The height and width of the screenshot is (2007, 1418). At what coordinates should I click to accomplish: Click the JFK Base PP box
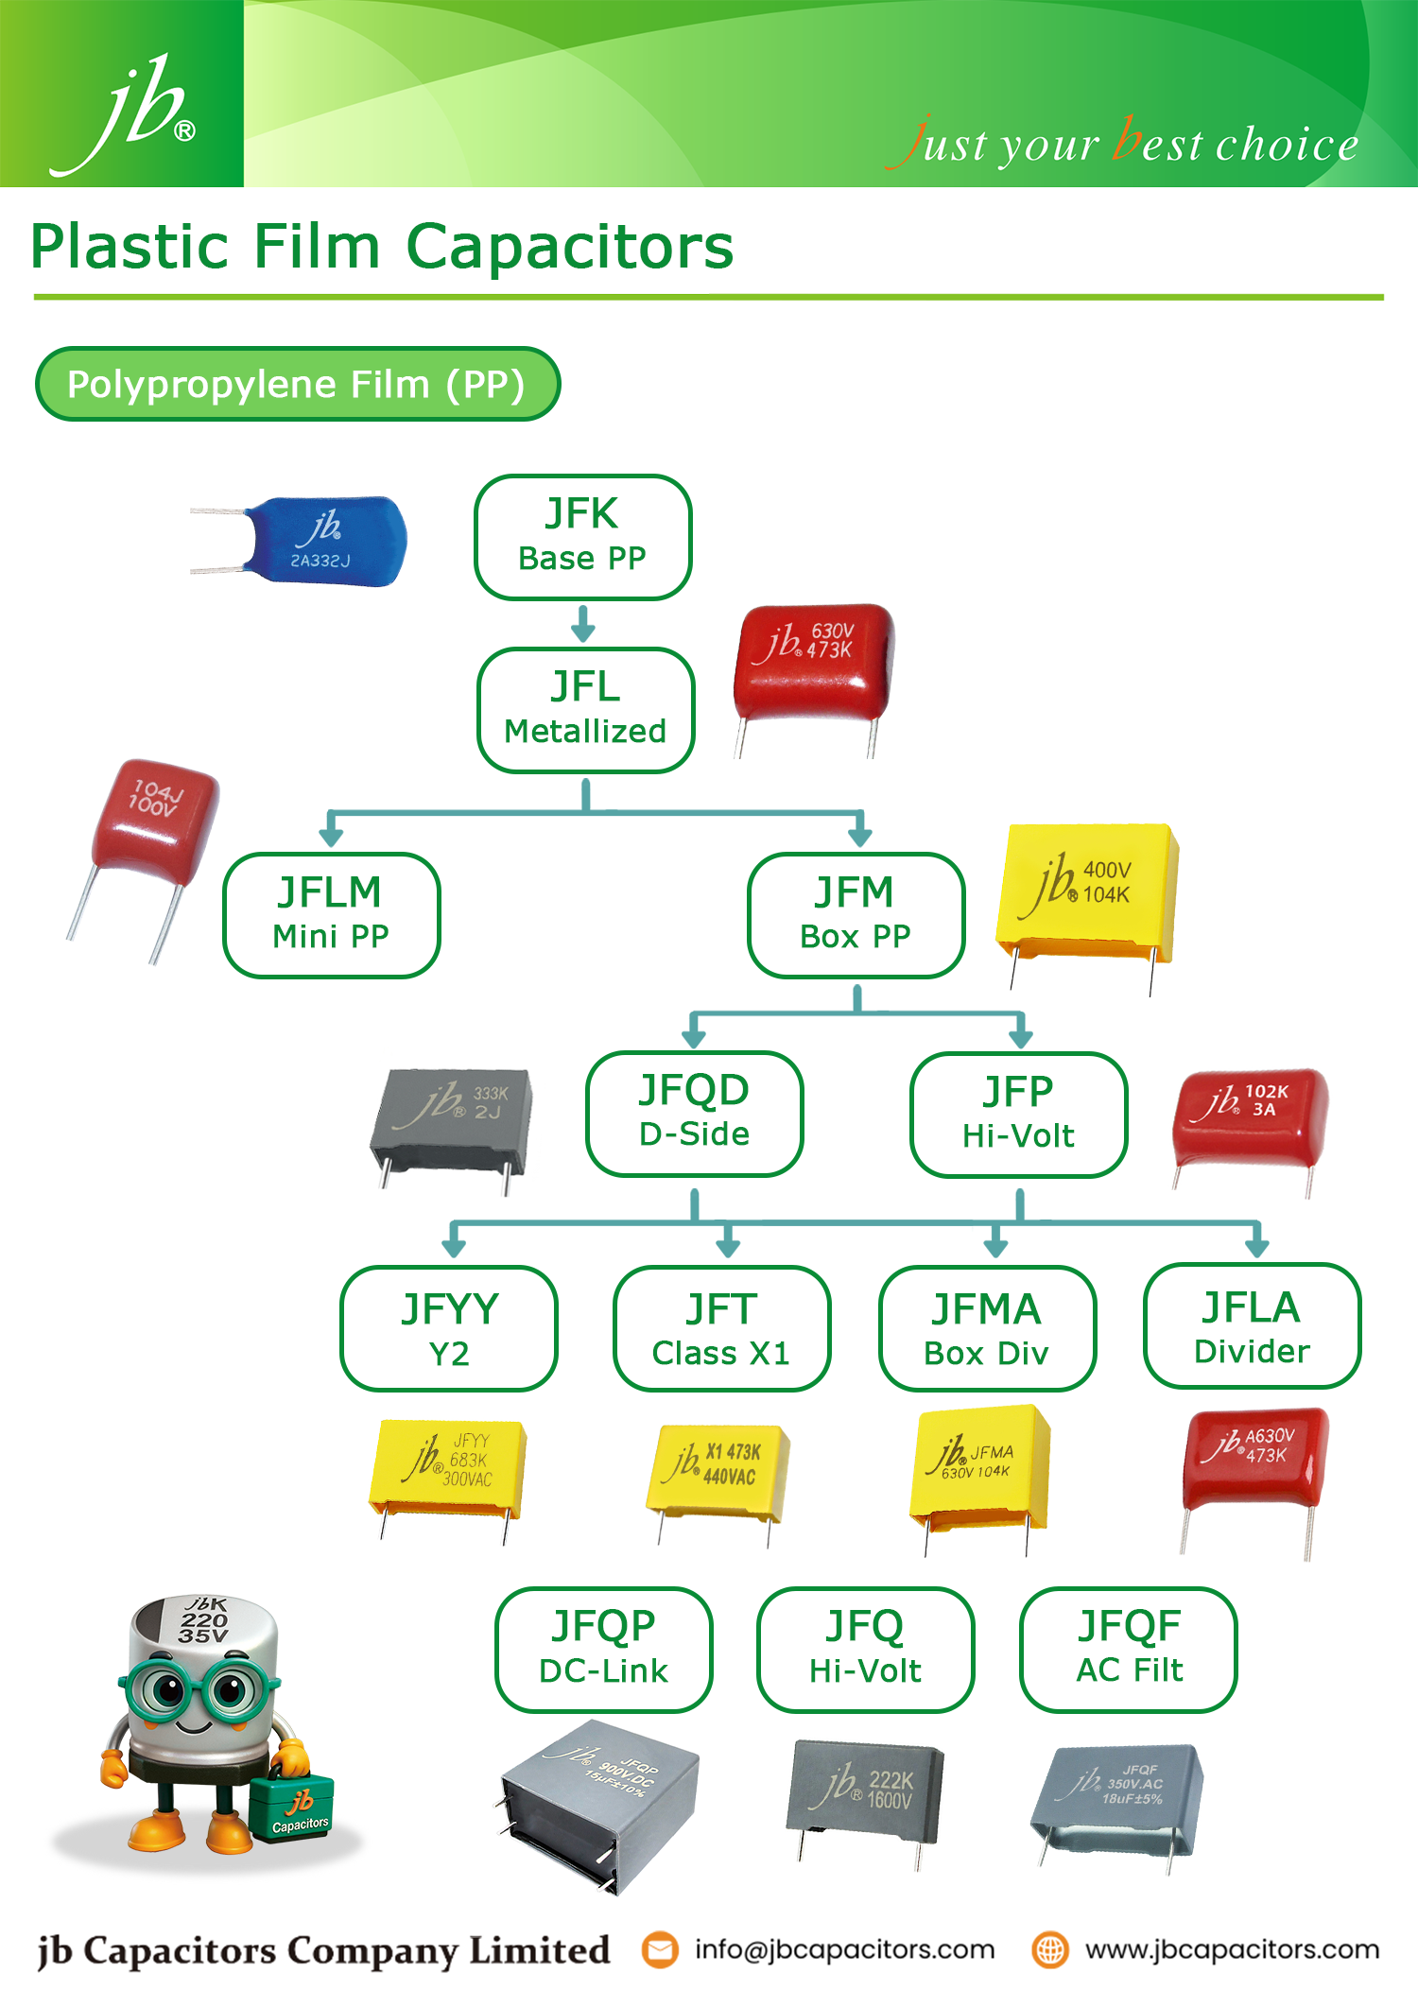[x=582, y=536]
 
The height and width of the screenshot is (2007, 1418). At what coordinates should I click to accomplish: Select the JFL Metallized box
[x=585, y=709]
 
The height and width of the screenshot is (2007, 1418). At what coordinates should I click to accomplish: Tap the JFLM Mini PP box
[x=331, y=914]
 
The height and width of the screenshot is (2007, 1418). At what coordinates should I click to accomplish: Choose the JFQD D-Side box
[x=694, y=1113]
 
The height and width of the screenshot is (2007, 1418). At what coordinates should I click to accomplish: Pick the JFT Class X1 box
[x=721, y=1328]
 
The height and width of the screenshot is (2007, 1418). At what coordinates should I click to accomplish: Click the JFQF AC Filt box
[x=1128, y=1649]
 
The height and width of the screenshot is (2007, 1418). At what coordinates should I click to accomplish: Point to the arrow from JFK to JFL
[x=583, y=624]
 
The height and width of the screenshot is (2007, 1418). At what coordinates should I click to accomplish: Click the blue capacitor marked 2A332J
[x=321, y=541]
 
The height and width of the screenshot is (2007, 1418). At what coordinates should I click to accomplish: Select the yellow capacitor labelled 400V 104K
[x=1087, y=891]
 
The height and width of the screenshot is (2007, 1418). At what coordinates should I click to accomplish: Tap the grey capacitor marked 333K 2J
[x=452, y=1116]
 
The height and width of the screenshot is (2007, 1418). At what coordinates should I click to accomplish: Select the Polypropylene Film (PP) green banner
[x=297, y=384]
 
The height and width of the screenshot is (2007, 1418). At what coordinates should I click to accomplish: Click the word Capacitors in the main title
[x=569, y=247]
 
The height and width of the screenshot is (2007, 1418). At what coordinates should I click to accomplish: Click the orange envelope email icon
[x=660, y=1949]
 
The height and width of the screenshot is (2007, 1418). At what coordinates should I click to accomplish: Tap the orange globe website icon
[x=1049, y=1949]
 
